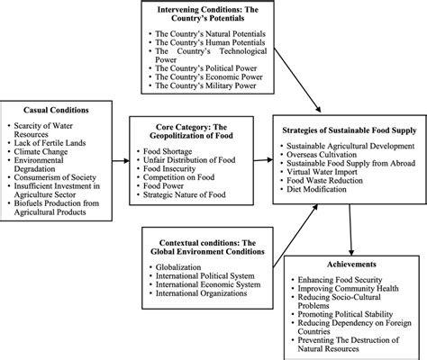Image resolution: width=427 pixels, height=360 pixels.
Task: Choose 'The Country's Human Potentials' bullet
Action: [214, 50]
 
